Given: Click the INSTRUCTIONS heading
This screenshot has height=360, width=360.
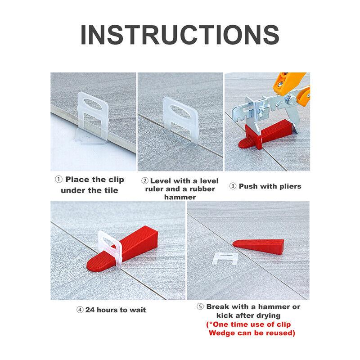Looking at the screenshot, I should click(180, 35).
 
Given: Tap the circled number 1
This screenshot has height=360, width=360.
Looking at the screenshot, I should click(59, 180).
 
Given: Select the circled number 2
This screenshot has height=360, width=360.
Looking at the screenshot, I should click(145, 180).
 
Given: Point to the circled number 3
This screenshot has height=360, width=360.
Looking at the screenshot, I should click(233, 186).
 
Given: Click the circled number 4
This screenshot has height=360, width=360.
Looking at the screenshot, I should click(80, 310).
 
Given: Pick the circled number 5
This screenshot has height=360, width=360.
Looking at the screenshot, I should click(200, 307).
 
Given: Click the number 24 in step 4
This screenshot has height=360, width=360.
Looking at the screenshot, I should click(91, 310).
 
